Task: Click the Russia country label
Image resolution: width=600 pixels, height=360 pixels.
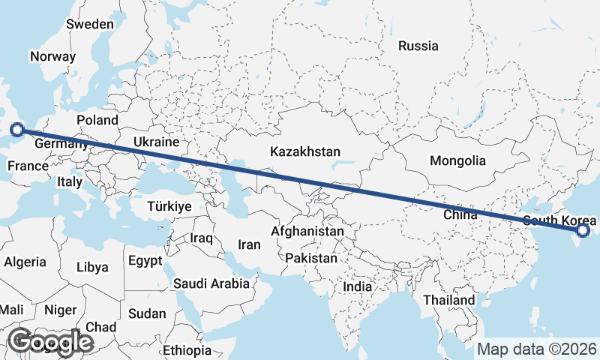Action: click(x=418, y=46)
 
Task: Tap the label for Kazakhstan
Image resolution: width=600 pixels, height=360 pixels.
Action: click(x=305, y=151)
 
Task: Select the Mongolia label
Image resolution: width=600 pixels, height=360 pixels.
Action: click(x=457, y=160)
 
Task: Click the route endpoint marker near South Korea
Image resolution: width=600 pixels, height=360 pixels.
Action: click(x=583, y=231)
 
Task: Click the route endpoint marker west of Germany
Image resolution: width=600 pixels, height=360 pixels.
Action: click(x=17, y=129)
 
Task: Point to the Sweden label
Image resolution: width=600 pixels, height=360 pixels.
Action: click(x=90, y=24)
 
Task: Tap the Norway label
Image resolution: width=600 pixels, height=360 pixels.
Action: click(x=52, y=56)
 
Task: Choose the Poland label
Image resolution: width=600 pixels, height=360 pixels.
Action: click(x=97, y=120)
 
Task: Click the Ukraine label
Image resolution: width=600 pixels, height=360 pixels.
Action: click(x=156, y=142)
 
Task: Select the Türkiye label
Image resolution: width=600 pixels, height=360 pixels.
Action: click(x=170, y=206)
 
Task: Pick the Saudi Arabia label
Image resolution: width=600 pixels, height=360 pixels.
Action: click(x=211, y=284)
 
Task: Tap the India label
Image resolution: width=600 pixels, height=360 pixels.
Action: click(x=357, y=287)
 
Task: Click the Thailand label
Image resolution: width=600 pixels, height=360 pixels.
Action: click(x=448, y=300)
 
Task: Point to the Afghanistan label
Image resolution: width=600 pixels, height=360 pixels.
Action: click(x=308, y=232)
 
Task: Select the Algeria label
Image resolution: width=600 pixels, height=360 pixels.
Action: click(x=25, y=262)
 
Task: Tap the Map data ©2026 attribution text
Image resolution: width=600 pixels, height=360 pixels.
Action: click(x=537, y=349)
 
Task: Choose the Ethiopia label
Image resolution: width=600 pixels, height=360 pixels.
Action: click(x=187, y=350)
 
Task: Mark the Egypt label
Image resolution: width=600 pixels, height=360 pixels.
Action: click(x=145, y=262)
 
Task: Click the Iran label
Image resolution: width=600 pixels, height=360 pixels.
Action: click(x=249, y=244)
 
